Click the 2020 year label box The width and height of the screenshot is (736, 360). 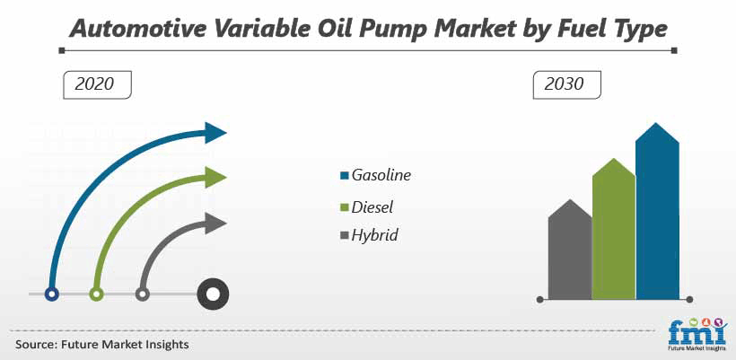pyautogui.click(x=97, y=84)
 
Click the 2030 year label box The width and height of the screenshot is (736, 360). pyautogui.click(x=566, y=84)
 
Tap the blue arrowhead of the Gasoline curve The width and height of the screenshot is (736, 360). pyautogui.click(x=216, y=132)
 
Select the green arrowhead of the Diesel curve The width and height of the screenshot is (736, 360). pyautogui.click(x=216, y=178)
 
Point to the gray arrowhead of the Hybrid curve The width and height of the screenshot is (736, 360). pyautogui.click(x=216, y=223)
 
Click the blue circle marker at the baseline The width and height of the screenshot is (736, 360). pyautogui.click(x=52, y=294)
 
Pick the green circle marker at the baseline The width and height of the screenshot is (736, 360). pyautogui.click(x=96, y=294)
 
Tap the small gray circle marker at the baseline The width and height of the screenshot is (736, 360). pyautogui.click(x=142, y=294)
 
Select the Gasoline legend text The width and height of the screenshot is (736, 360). pyautogui.click(x=381, y=175)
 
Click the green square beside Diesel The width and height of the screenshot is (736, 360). pyautogui.click(x=345, y=207)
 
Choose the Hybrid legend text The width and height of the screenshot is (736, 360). pyautogui.click(x=374, y=234)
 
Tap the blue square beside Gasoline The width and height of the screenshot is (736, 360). pyautogui.click(x=345, y=176)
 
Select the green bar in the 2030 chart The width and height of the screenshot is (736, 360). pyautogui.click(x=614, y=229)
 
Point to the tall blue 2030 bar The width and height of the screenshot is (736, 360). pyautogui.click(x=657, y=211)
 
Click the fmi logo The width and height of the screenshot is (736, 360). pyautogui.click(x=697, y=334)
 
